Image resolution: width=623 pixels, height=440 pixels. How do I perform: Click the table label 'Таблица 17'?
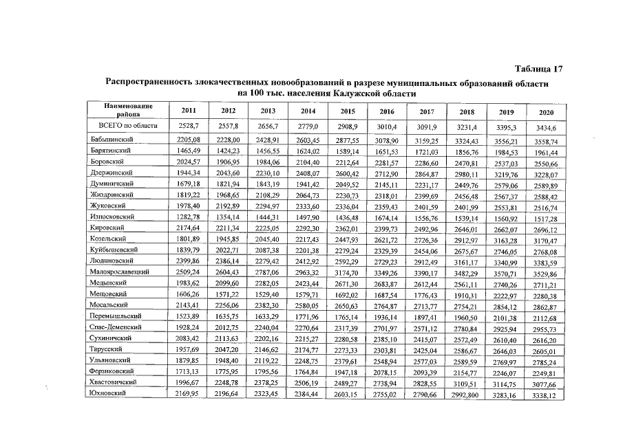pos(539,69)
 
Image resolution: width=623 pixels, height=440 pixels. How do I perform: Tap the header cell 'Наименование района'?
pos(128,110)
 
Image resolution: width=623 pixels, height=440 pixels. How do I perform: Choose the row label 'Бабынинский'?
pos(113,140)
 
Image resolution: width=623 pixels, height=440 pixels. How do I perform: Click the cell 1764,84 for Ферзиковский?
pos(305,371)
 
